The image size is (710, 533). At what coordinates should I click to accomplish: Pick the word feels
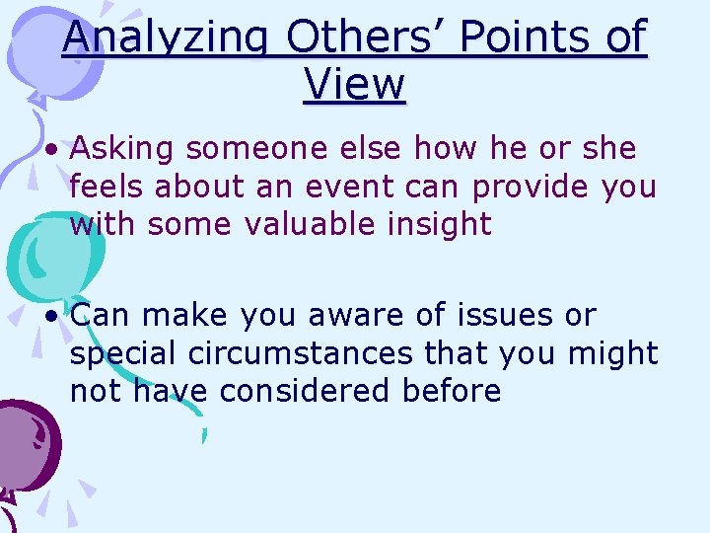104,187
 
